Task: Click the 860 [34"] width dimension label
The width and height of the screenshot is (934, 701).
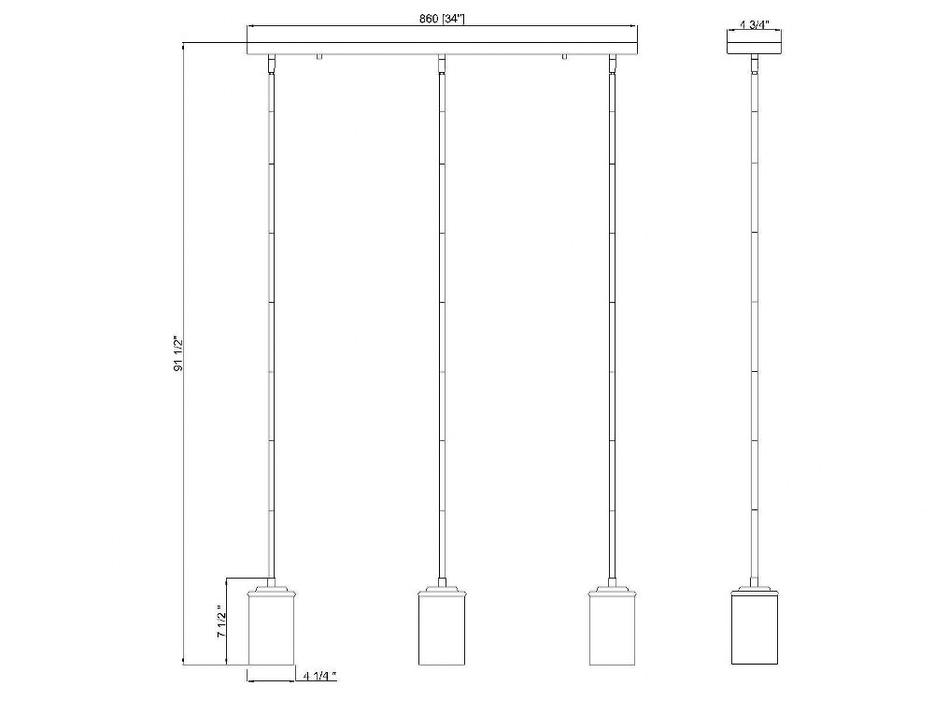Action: tap(442, 19)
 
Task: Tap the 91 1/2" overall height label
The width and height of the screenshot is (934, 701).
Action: tap(177, 354)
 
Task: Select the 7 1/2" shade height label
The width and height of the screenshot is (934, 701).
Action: tap(220, 622)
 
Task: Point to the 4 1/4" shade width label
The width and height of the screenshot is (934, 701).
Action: tap(319, 676)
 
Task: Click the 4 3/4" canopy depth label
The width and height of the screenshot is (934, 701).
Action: tap(754, 24)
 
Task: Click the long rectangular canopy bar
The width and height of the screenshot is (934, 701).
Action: tap(442, 49)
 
